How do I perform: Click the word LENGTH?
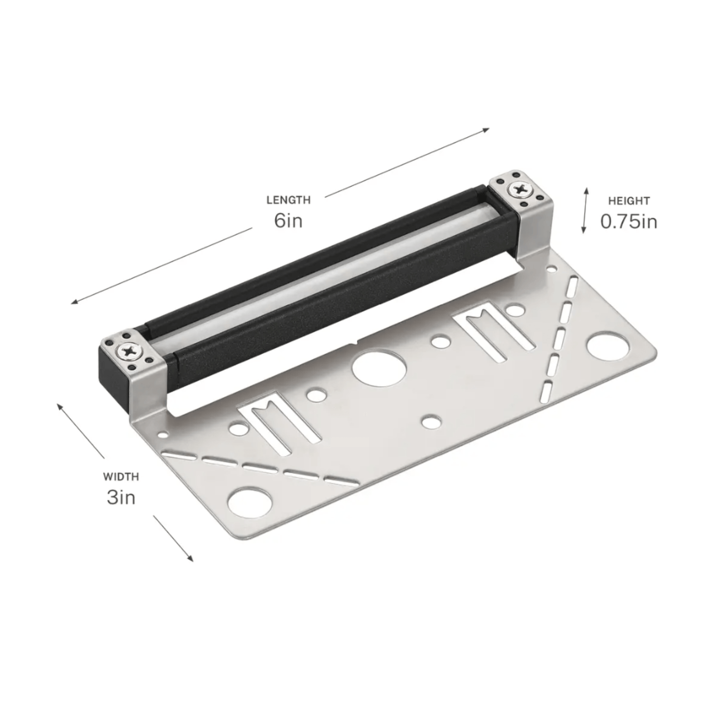(288, 200)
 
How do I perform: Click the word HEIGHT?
(629, 201)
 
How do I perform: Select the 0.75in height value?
(629, 222)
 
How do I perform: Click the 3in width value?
(121, 497)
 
